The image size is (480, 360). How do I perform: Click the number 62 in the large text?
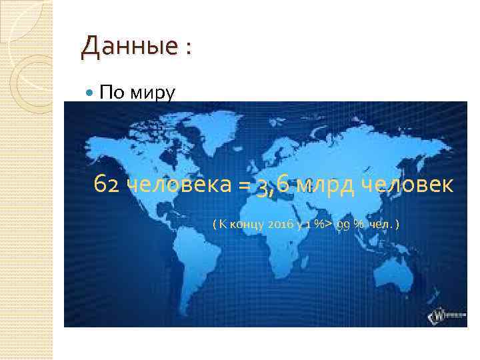pos(107,184)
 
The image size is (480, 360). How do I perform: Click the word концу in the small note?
pos(245,225)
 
